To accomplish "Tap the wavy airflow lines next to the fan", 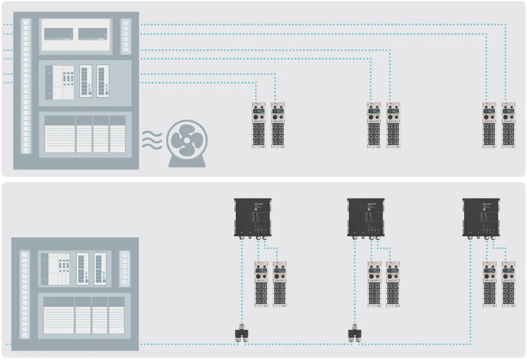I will [x=152, y=140].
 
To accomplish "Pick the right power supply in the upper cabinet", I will [x=93, y=34].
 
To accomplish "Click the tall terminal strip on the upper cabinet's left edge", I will [x=26, y=86].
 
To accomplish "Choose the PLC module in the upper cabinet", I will [x=60, y=83].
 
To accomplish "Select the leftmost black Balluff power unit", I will [x=253, y=218].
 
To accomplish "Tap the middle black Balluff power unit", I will [x=365, y=218].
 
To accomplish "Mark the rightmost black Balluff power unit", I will [x=481, y=218].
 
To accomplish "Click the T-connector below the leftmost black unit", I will [x=241, y=333].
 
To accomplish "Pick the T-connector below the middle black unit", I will [x=355, y=333].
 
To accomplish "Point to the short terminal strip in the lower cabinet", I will [x=124, y=268].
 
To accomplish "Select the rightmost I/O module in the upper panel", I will [x=508, y=125].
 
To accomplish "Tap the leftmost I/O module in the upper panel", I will [x=258, y=125].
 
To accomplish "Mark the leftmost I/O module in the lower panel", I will [x=261, y=284].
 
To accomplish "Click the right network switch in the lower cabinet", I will [x=100, y=269].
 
